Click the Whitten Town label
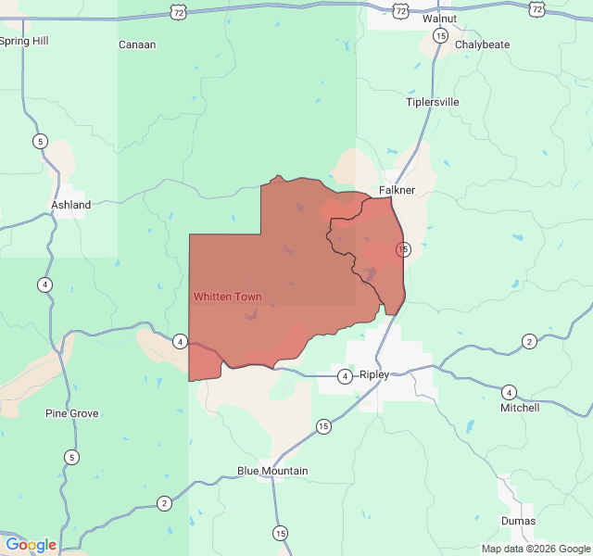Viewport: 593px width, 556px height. pyautogui.click(x=227, y=297)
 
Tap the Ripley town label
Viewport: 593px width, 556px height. pyautogui.click(x=374, y=374)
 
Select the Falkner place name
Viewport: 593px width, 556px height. pyautogui.click(x=397, y=190)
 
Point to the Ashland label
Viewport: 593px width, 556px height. pyautogui.click(x=70, y=205)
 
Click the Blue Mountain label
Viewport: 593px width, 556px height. pyautogui.click(x=272, y=471)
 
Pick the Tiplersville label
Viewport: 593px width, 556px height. pyautogui.click(x=433, y=102)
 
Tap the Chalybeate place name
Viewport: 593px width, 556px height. pyautogui.click(x=483, y=44)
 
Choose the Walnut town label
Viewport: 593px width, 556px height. pyautogui.click(x=439, y=19)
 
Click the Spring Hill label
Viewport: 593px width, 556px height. pyautogui.click(x=24, y=41)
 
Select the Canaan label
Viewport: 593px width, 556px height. pyautogui.click(x=137, y=44)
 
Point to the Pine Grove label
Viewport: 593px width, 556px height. pyautogui.click(x=72, y=413)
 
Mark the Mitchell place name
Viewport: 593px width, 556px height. pyautogui.click(x=520, y=408)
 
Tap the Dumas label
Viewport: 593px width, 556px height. pyautogui.click(x=518, y=521)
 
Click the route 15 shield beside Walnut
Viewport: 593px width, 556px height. pyautogui.click(x=440, y=36)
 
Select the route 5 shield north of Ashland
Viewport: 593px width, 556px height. pyautogui.click(x=40, y=141)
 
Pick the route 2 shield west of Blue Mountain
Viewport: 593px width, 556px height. pyautogui.click(x=164, y=503)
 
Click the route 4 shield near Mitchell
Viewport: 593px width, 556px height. pyautogui.click(x=509, y=392)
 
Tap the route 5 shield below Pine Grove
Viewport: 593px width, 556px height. pyautogui.click(x=71, y=457)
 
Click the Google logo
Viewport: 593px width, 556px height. pyautogui.click(x=31, y=545)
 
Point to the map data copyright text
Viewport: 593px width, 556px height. pyautogui.click(x=535, y=549)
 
